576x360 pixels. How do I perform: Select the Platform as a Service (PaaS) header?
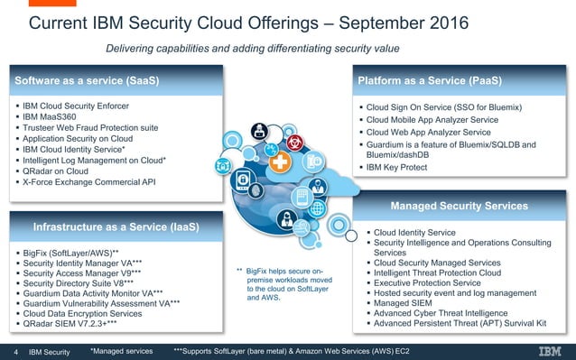[x=430, y=81]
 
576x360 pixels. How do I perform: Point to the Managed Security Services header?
[x=459, y=206]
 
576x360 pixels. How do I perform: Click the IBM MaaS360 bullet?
[x=55, y=117]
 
